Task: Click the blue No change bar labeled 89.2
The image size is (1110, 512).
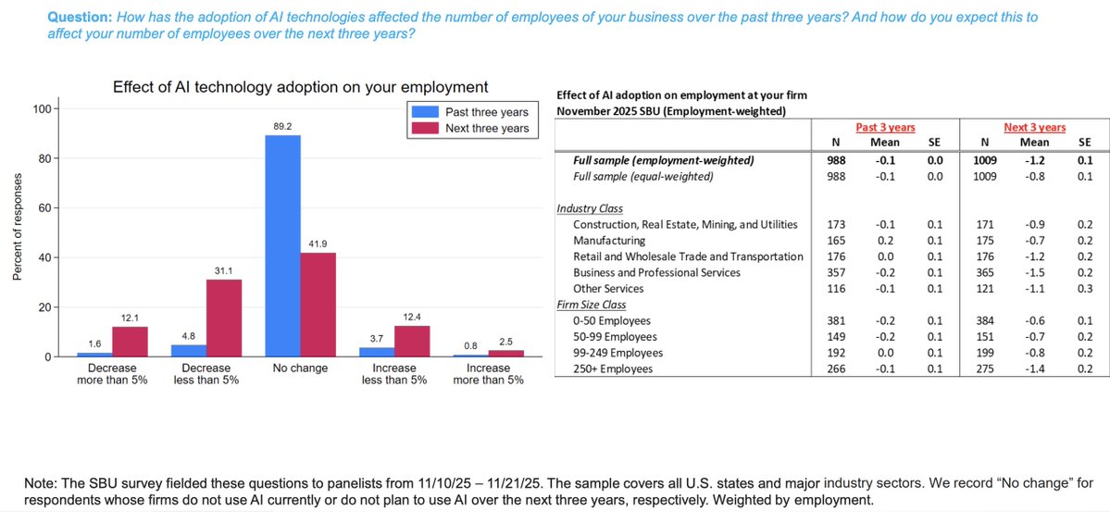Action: pyautogui.click(x=282, y=246)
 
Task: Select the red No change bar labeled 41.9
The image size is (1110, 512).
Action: pyautogui.click(x=318, y=305)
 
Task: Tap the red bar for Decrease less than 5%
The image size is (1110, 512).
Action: pyautogui.click(x=223, y=318)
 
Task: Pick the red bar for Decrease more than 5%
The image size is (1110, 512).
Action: pyautogui.click(x=129, y=342)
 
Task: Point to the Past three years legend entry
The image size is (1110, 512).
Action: pyautogui.click(x=469, y=112)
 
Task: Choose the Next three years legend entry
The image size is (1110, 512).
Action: pyautogui.click(x=469, y=128)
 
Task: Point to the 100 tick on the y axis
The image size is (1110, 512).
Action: pyautogui.click(x=42, y=109)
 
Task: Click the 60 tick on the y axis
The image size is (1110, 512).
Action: pyautogui.click(x=44, y=208)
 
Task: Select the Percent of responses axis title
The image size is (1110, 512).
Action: pyautogui.click(x=17, y=231)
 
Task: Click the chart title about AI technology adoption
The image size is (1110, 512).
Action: pyautogui.click(x=300, y=87)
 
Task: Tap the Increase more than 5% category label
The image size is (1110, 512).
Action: pyautogui.click(x=488, y=374)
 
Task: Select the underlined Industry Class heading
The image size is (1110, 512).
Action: pyautogui.click(x=590, y=209)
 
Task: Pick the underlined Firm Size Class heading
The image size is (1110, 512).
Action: pyautogui.click(x=592, y=305)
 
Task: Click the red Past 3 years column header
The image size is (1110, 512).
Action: pyautogui.click(x=886, y=127)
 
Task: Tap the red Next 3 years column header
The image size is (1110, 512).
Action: pyautogui.click(x=1034, y=127)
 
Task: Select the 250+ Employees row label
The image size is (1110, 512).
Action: pyautogui.click(x=613, y=368)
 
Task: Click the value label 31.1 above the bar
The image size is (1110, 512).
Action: pyautogui.click(x=223, y=270)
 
